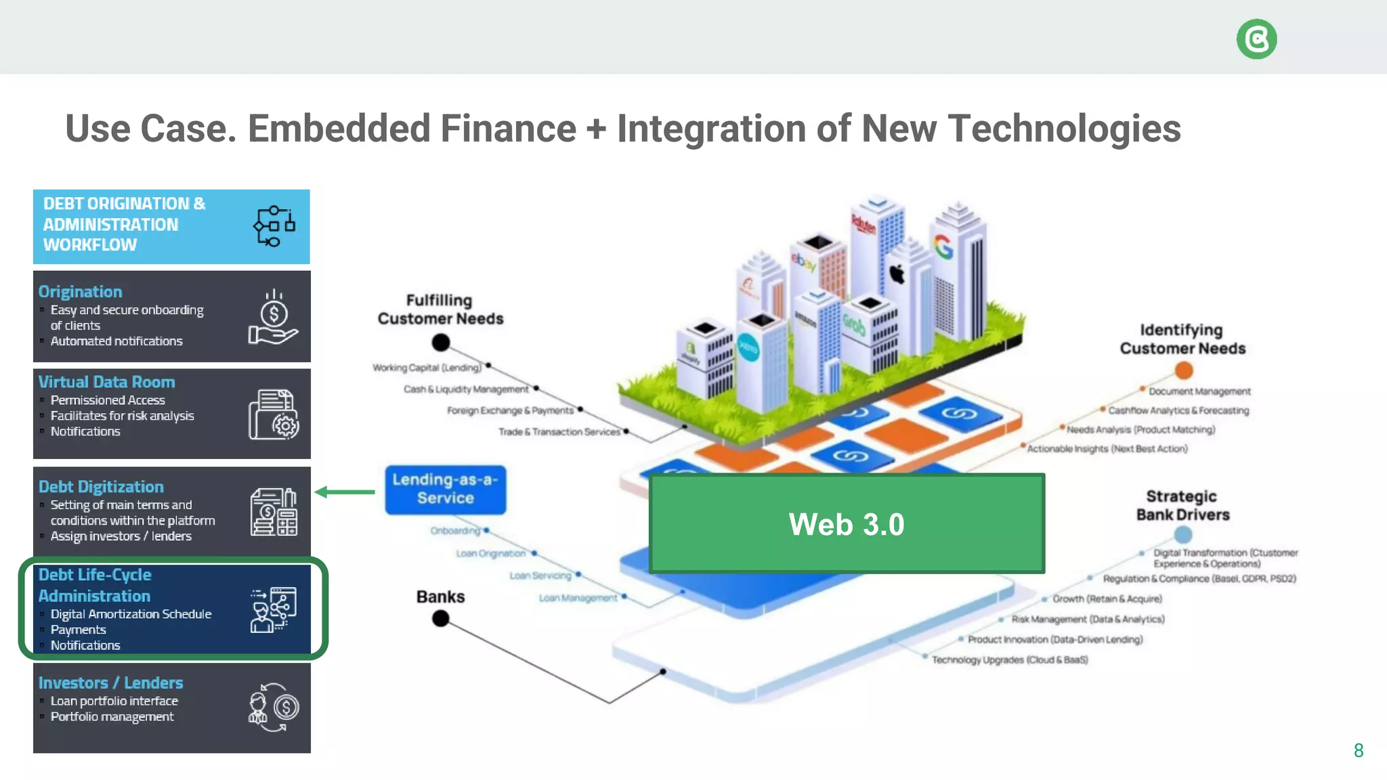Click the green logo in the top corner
point(1256,39)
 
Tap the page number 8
point(1358,750)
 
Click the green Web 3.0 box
point(847,524)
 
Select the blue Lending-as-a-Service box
point(446,490)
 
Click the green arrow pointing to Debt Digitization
point(345,492)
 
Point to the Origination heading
point(80,292)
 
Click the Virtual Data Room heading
point(106,382)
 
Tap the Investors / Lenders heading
point(110,682)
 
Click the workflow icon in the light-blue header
point(274,226)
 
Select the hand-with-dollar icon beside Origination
point(273,318)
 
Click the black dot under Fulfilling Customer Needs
point(441,343)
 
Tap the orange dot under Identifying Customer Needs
point(1184,370)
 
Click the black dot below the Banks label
point(441,618)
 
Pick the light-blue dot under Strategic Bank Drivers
point(1183,535)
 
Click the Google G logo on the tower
point(943,247)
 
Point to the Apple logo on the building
point(897,274)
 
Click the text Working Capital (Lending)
point(427,368)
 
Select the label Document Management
point(1199,391)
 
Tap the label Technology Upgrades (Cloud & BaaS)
point(1009,659)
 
